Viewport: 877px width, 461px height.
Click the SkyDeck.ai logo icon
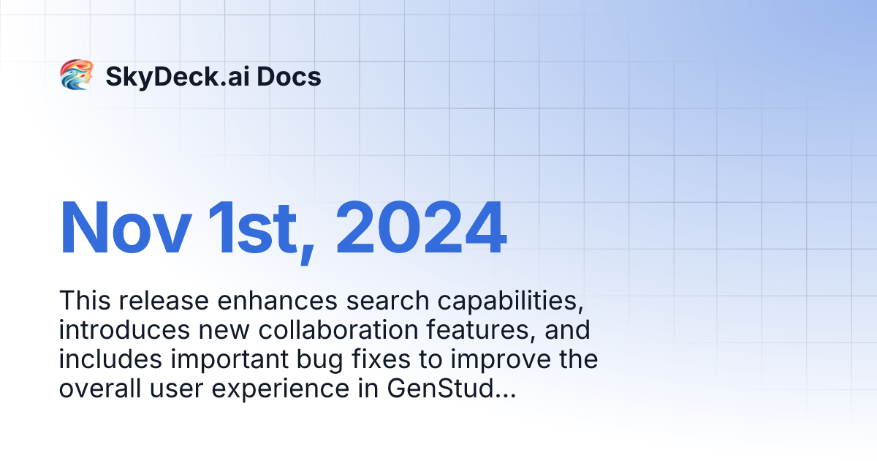[76, 75]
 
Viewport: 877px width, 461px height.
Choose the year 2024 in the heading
[422, 228]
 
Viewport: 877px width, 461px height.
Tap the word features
[479, 330]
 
